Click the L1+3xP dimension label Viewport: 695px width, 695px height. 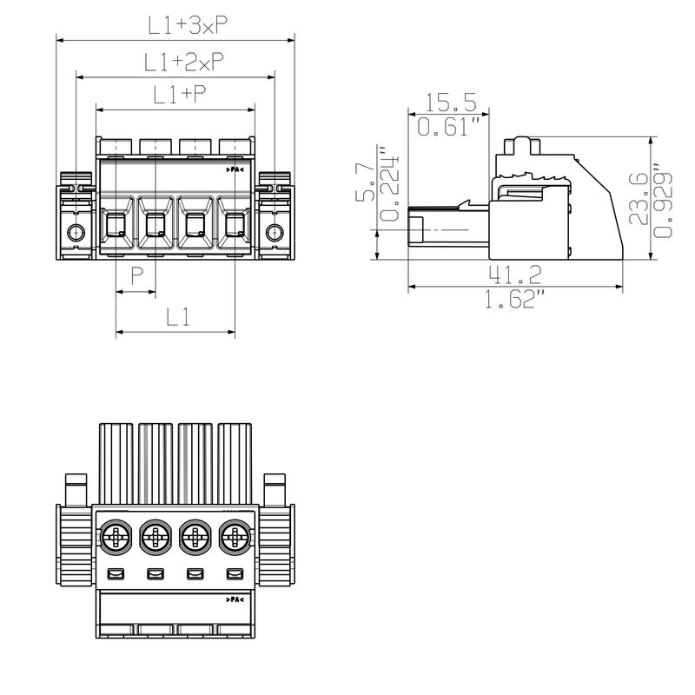[x=188, y=26]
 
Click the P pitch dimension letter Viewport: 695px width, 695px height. [x=137, y=276]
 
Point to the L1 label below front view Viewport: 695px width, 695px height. [x=178, y=317]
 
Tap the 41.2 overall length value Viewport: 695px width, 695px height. [x=515, y=275]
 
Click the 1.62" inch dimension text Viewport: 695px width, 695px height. [x=515, y=301]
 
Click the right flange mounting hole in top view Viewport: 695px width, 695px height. [x=274, y=232]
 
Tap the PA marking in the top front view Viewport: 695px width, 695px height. [x=236, y=169]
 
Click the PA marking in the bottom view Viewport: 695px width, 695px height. [x=235, y=599]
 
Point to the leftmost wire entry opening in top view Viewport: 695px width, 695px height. [x=116, y=228]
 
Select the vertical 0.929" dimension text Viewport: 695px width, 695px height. [x=664, y=202]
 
